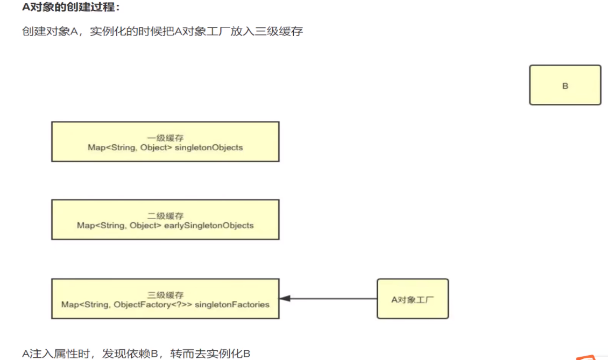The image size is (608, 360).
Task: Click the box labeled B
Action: pos(565,85)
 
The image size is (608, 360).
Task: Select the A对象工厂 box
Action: pos(413,299)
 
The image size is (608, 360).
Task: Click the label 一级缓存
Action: pos(165,138)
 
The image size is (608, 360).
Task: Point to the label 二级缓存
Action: pos(165,216)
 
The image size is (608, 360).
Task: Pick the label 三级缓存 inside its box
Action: pos(165,295)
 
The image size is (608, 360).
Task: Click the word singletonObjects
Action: pos(209,147)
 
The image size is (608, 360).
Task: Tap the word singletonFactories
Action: pos(232,305)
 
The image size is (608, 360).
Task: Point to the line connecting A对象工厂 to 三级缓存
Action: pos(334,298)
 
